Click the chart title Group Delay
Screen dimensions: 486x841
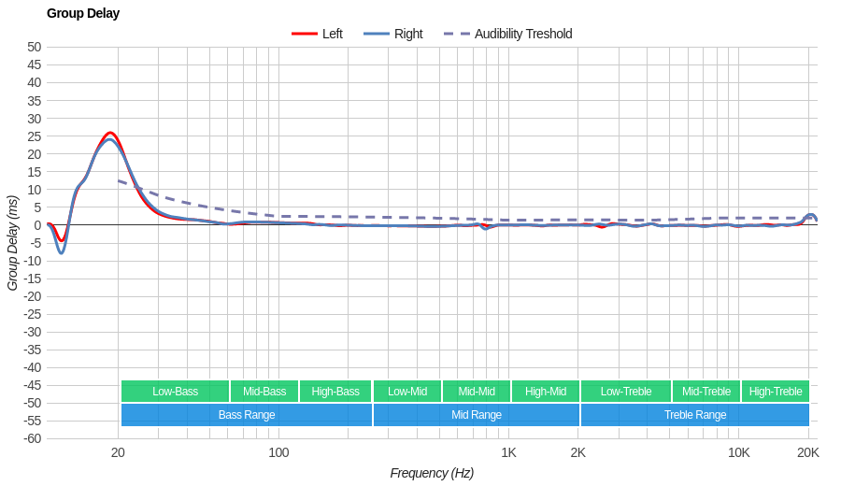pos(83,13)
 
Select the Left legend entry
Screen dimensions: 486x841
pos(332,34)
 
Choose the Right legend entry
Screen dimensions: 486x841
pos(407,34)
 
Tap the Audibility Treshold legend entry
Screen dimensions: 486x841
pos(522,34)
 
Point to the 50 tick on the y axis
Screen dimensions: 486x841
pos(34,47)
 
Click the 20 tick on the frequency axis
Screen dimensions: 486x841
pos(118,452)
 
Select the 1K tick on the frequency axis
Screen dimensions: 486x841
pos(508,452)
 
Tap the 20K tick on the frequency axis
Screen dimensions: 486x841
pos(808,452)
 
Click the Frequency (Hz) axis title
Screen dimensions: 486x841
pos(432,473)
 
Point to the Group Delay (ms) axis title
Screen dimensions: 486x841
pos(13,243)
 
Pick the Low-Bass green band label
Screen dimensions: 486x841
pos(175,392)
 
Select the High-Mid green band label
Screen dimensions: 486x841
pos(545,392)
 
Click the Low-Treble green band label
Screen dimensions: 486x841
pos(626,392)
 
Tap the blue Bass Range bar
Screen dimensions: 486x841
pos(247,415)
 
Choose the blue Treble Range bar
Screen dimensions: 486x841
pos(695,415)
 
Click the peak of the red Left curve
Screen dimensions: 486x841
pos(110,133)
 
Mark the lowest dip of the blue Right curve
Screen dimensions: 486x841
pos(62,252)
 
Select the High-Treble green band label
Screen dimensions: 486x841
pos(776,392)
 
